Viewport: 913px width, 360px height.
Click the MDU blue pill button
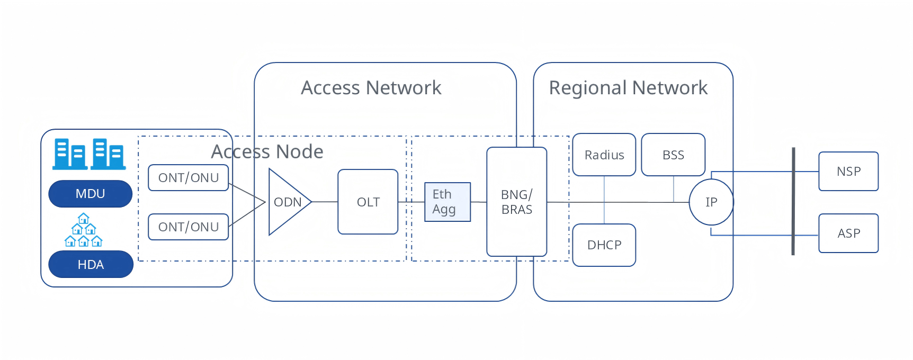point(90,194)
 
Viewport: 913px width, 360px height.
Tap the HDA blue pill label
point(91,264)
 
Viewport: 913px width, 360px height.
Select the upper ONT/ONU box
point(188,178)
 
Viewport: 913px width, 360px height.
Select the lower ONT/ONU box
point(188,227)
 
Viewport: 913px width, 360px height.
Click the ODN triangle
point(286,202)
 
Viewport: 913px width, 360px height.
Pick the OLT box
point(368,202)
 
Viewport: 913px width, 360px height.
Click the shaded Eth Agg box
point(447,202)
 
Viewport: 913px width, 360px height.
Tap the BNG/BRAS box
point(516,202)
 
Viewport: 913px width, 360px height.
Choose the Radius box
point(604,155)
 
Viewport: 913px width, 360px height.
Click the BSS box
point(673,155)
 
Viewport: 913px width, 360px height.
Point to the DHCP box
point(604,245)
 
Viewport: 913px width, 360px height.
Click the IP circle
point(711,202)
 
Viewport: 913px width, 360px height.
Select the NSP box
point(848,172)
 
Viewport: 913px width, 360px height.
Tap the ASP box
point(848,233)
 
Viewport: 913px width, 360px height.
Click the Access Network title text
point(371,88)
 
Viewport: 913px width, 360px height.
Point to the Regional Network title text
point(628,88)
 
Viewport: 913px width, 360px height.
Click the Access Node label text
point(267,152)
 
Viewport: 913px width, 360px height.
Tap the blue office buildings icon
point(89,154)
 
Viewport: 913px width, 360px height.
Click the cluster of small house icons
point(83,231)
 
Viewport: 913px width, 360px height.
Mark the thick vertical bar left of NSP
point(793,201)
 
